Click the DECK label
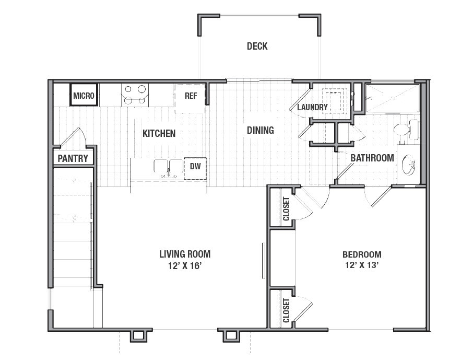pyautogui.click(x=257, y=46)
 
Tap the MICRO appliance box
pyautogui.click(x=84, y=95)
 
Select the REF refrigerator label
pyautogui.click(x=191, y=96)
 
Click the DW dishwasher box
pyautogui.click(x=195, y=169)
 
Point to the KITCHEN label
pyautogui.click(x=159, y=133)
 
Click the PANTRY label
pyautogui.click(x=73, y=158)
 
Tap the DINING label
pyautogui.click(x=261, y=130)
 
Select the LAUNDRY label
pyautogui.click(x=312, y=107)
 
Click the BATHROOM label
pyautogui.click(x=372, y=158)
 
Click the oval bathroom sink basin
pyautogui.click(x=408, y=165)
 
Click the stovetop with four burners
pyautogui.click(x=135, y=95)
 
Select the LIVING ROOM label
pyautogui.click(x=185, y=254)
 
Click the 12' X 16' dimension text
pyautogui.click(x=185, y=266)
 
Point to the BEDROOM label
pyautogui.click(x=362, y=254)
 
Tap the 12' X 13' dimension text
pyautogui.click(x=362, y=265)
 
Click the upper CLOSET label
pyautogui.click(x=286, y=209)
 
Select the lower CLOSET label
pyautogui.click(x=286, y=310)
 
